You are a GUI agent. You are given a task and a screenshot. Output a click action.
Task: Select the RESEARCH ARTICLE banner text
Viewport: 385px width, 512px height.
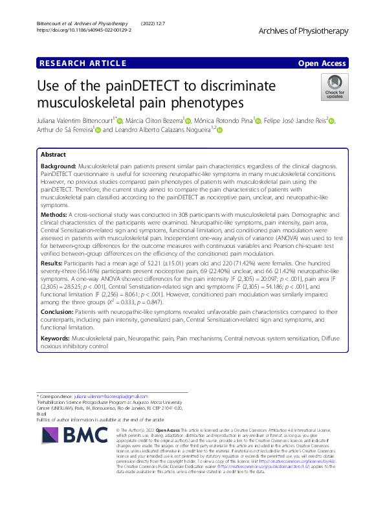(83, 63)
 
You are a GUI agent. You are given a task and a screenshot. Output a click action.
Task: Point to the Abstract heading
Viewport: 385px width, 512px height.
(53, 155)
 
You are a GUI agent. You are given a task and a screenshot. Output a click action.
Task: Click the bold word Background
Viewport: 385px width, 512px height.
(60, 166)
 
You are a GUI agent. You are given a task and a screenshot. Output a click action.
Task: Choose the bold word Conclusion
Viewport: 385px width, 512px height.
(60, 311)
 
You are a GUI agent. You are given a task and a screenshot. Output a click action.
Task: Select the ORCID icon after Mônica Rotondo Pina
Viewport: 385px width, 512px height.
(259, 120)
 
